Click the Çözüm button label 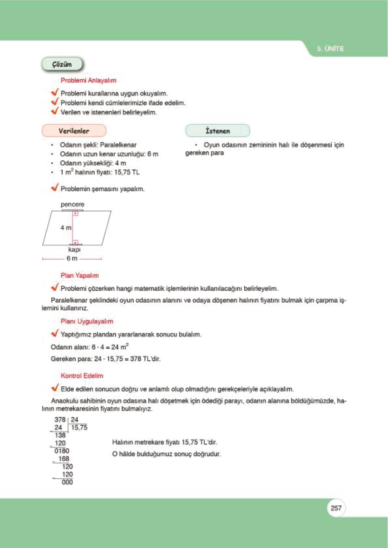point(62,64)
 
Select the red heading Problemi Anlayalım point(88,80)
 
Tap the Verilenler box point(74,131)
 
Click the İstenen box point(218,131)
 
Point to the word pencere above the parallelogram point(72,204)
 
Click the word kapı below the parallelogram point(74,250)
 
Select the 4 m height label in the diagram point(65,228)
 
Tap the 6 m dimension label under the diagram point(72,258)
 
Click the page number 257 point(336,508)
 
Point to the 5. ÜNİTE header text point(330,49)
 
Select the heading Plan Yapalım point(79,276)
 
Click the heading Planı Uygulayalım point(87,322)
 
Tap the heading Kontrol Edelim point(82,376)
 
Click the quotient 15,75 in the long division point(79,428)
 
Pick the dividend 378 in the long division point(60,420)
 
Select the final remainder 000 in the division point(67,482)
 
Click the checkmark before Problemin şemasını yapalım point(55,188)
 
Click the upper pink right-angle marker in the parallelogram point(75,213)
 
